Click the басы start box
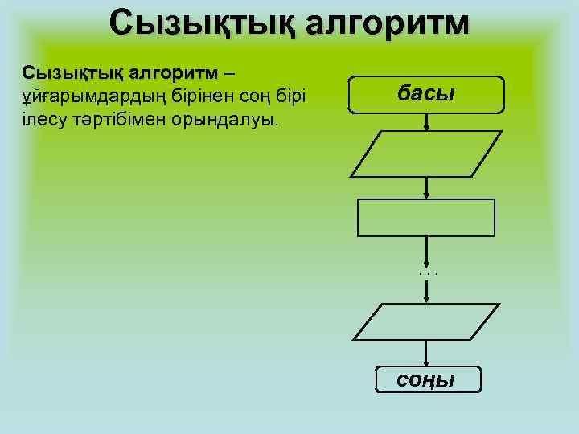point(426,94)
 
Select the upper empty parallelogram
point(426,154)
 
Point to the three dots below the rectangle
point(428,272)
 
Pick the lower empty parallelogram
point(426,322)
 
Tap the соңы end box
point(427,379)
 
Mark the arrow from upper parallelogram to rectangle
point(426,187)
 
